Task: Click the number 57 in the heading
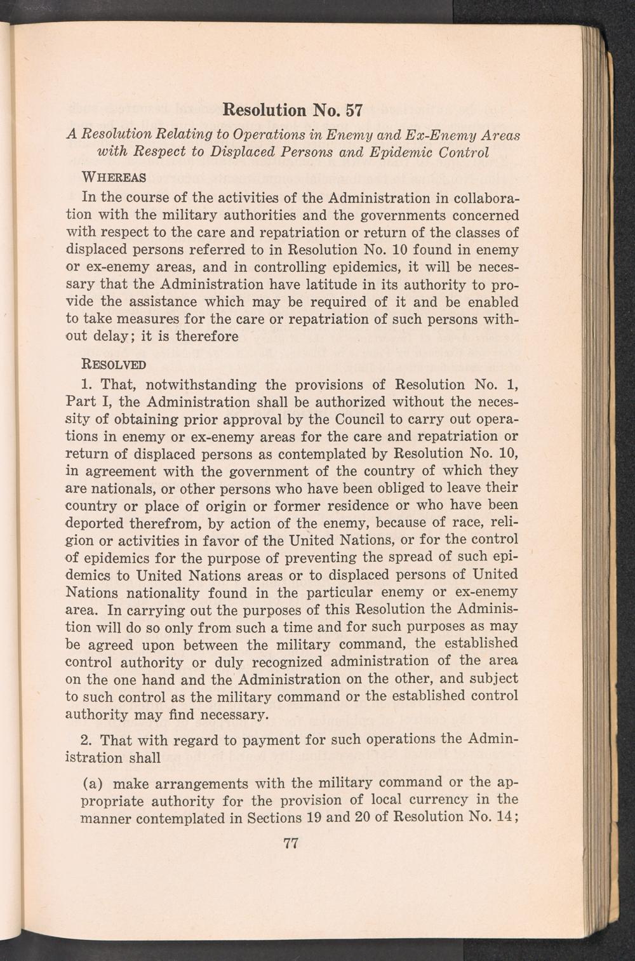point(351,110)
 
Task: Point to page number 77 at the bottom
point(291,843)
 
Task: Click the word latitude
point(328,284)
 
